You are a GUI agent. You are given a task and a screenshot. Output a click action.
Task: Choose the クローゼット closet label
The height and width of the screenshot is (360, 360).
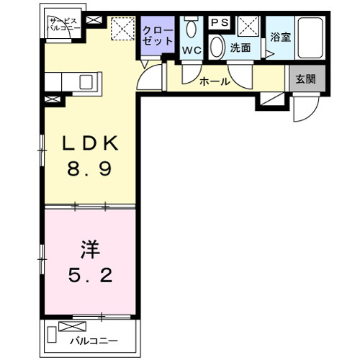pyautogui.click(x=158, y=36)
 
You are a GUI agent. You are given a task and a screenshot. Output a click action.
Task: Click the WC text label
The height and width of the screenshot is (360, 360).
pyautogui.click(x=192, y=50)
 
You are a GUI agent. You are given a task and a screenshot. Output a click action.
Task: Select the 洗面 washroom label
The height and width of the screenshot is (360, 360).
pyautogui.click(x=240, y=49)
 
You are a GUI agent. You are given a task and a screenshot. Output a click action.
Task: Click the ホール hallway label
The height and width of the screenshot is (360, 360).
pyautogui.click(x=215, y=81)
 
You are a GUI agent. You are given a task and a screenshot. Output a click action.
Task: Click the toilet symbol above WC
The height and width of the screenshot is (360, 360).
pyautogui.click(x=192, y=30)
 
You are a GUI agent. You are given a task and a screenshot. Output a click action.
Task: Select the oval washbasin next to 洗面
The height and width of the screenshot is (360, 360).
pyautogui.click(x=217, y=48)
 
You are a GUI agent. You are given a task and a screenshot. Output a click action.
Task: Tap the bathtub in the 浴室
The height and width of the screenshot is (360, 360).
pyautogui.click(x=312, y=37)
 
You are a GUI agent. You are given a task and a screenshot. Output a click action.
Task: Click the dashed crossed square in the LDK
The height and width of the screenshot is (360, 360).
pyautogui.click(x=123, y=30)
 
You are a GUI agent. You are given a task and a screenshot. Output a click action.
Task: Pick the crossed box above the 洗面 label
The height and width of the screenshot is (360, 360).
pyautogui.click(x=248, y=27)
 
